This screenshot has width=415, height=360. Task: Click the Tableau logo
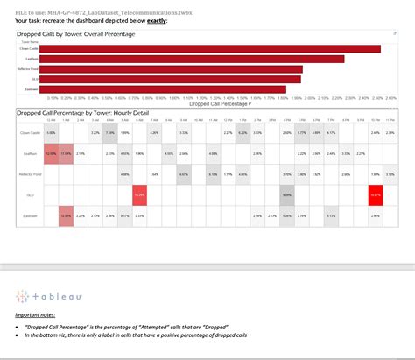click(43, 296)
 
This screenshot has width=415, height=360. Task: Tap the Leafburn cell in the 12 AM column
click(51, 154)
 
